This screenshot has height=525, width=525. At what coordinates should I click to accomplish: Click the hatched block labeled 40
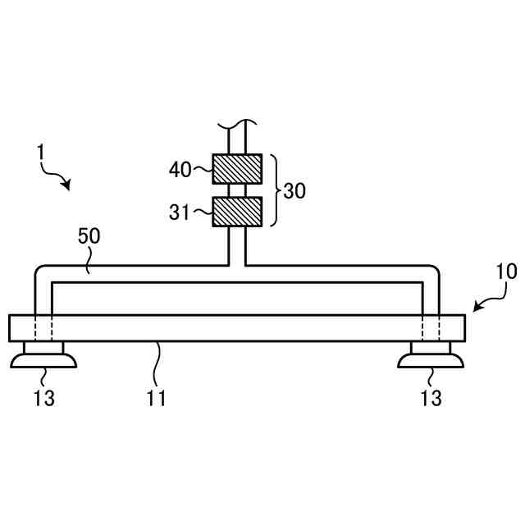(237, 169)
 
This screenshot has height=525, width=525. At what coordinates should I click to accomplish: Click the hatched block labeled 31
(237, 212)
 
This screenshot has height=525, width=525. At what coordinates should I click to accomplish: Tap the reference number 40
(180, 170)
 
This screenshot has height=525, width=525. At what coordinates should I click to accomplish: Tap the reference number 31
(180, 212)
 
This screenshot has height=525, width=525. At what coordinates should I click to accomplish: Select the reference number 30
(294, 191)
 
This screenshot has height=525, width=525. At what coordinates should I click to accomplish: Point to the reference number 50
(89, 237)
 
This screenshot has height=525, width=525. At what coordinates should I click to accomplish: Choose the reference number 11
(157, 399)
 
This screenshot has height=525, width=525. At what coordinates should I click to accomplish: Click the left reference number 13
(44, 399)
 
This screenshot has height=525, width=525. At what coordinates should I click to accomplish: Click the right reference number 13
(431, 399)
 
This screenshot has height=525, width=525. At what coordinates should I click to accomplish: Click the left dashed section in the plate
(43, 327)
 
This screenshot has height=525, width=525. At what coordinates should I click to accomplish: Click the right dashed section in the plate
(431, 327)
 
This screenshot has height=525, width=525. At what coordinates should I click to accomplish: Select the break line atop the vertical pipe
(237, 125)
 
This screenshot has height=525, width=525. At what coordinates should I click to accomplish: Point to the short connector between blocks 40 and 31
(237, 190)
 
